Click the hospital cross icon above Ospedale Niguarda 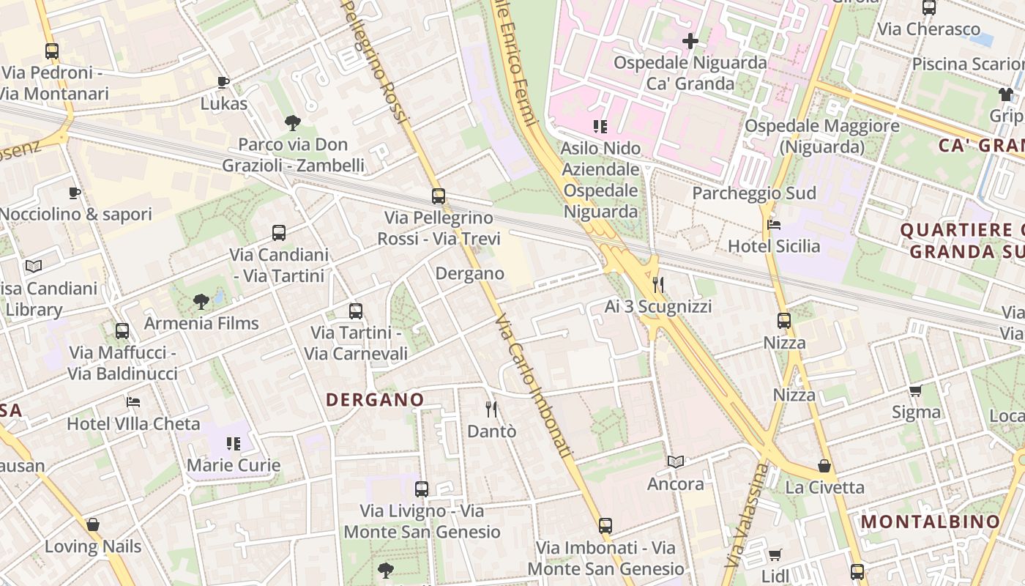point(690,41)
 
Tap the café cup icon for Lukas point(223,82)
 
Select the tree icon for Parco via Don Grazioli point(293,122)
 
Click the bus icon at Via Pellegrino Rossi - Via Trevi point(439,196)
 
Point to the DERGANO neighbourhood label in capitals point(375,400)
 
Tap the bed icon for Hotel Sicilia point(773,225)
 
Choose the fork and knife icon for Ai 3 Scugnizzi point(658,284)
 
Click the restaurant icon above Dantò point(491,409)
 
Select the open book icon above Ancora point(676,462)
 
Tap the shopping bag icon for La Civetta point(824,466)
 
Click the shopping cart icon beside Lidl point(775,555)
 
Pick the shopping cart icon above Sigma point(915,390)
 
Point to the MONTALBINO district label point(930,522)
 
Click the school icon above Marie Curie point(234,444)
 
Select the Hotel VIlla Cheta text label point(133,424)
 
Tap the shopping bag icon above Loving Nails point(93,524)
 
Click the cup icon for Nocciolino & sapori point(75,193)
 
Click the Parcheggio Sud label point(754,193)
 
